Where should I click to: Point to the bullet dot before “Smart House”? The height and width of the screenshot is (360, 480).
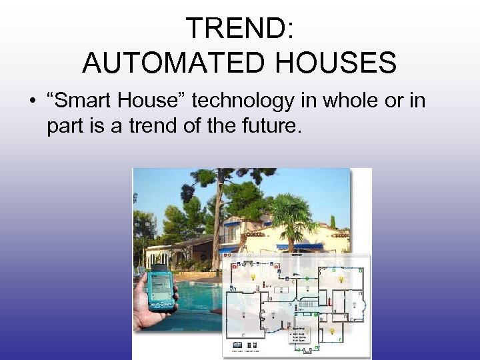31,102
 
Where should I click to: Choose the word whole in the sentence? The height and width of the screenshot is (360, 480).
352,101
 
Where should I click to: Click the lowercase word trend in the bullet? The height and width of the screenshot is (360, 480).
149,125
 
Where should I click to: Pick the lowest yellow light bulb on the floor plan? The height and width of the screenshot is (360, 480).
332,330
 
